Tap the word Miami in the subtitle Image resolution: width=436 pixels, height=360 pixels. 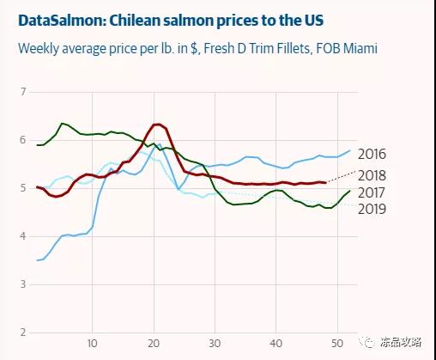[x=360, y=48]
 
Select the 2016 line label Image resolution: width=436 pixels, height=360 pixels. [x=372, y=155]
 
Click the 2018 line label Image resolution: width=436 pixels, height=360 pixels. [x=372, y=175]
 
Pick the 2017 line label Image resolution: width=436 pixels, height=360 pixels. [x=372, y=192]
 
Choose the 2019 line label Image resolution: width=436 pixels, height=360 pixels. [x=372, y=209]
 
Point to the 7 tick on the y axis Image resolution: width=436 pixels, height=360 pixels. [x=23, y=92]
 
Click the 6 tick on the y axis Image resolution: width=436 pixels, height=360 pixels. [x=23, y=140]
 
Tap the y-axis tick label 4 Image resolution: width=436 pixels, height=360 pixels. [x=23, y=236]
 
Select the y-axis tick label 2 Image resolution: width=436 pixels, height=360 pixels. [x=23, y=333]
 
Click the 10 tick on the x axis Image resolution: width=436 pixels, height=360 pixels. [x=92, y=343]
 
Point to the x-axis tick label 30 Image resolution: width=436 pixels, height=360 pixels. [x=215, y=343]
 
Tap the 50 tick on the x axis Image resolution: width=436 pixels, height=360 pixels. [x=337, y=343]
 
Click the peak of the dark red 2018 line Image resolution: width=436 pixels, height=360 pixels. [x=157, y=124]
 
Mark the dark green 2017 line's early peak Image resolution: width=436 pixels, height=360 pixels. [x=62, y=124]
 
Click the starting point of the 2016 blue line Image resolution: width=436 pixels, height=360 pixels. [x=37, y=260]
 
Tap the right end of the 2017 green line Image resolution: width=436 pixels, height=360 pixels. [x=349, y=191]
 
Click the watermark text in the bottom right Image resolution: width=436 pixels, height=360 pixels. [x=401, y=342]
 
